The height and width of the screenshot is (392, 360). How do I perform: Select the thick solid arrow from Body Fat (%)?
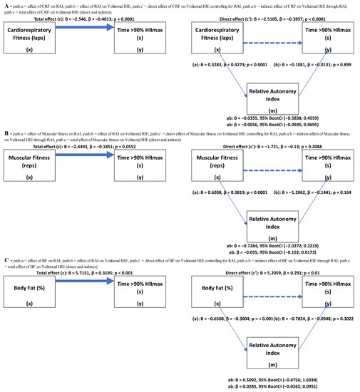(92, 283)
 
